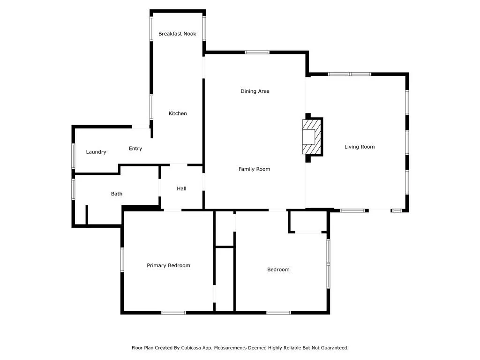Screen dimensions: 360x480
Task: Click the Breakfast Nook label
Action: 177,34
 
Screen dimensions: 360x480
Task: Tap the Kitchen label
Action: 178,113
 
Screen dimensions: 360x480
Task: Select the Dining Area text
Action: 255,91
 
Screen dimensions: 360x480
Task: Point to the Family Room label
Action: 254,169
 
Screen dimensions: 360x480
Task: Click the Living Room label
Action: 360,147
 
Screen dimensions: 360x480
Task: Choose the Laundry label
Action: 96,152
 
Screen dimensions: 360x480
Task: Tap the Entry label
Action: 135,149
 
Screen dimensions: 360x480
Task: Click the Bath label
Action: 117,194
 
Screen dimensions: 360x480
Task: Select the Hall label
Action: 181,188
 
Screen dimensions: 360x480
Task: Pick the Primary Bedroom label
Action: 168,265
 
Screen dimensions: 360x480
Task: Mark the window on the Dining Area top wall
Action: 257,52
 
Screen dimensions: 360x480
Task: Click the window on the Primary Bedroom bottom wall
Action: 173,312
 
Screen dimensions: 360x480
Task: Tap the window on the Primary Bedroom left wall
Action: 122,259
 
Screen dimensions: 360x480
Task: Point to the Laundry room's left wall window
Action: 73,156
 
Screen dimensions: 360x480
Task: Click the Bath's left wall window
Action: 73,189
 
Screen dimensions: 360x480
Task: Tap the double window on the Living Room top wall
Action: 349,74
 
